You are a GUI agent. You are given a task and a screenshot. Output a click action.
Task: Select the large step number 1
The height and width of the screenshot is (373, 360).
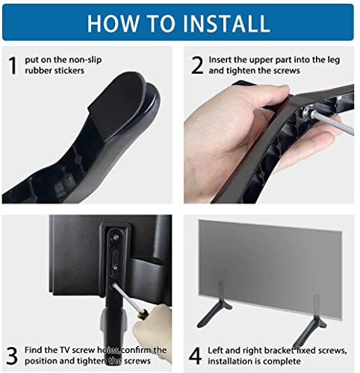[13, 66]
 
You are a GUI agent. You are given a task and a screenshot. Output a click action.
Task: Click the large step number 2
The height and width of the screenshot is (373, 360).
[196, 65]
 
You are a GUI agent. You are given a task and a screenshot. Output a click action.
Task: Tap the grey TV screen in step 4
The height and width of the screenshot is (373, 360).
[269, 254]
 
